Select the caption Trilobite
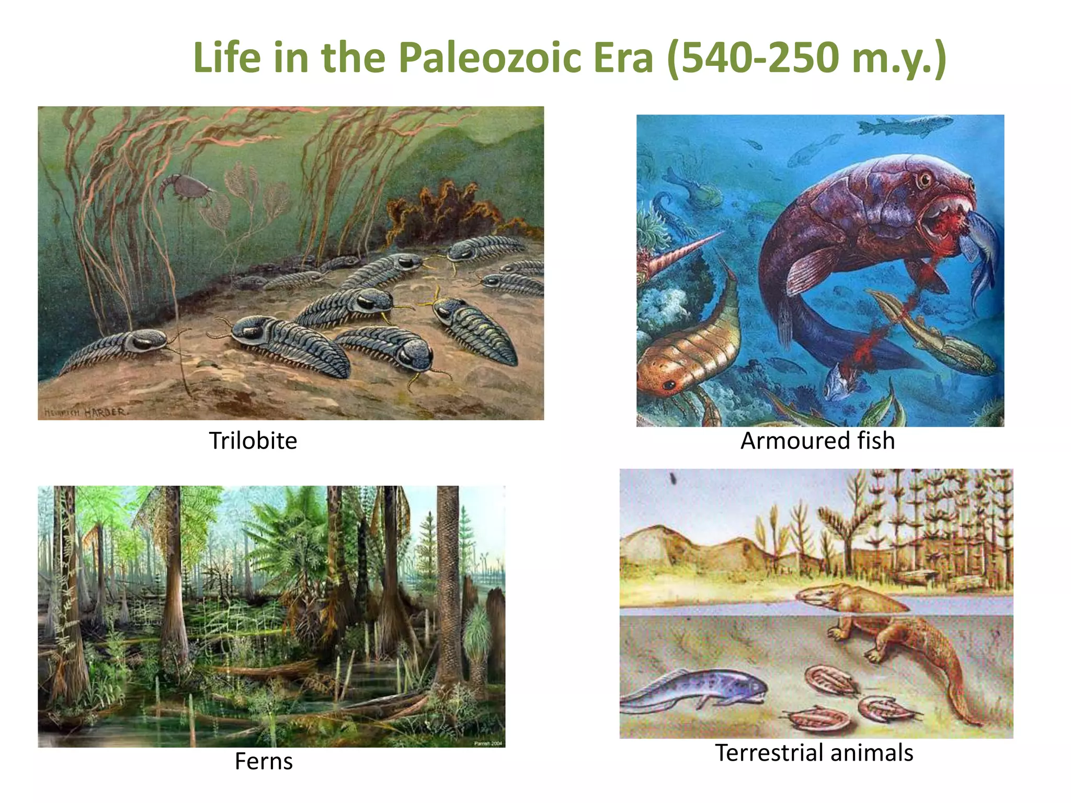coord(253,441)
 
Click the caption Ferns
coord(264,761)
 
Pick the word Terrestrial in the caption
coord(768,753)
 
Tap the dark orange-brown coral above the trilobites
coord(445,209)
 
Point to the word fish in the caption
coord(876,441)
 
